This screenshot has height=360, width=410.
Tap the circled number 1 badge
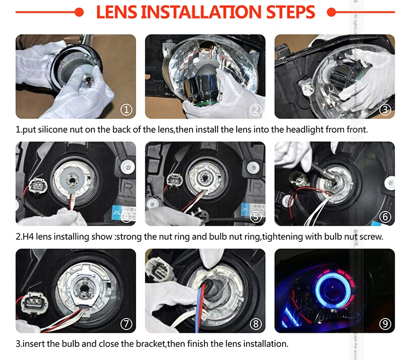[126, 109]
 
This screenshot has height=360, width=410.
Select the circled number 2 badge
[256, 109]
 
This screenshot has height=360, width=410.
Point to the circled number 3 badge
[385, 109]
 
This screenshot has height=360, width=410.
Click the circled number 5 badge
[256, 216]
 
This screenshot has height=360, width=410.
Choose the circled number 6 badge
[385, 216]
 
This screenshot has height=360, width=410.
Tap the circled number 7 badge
[126, 323]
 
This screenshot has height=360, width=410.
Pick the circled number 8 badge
[256, 323]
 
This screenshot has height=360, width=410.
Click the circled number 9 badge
[385, 323]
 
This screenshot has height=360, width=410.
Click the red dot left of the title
[79, 12]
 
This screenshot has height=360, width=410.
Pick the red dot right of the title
[330, 12]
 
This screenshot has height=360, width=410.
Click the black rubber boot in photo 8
[210, 287]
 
